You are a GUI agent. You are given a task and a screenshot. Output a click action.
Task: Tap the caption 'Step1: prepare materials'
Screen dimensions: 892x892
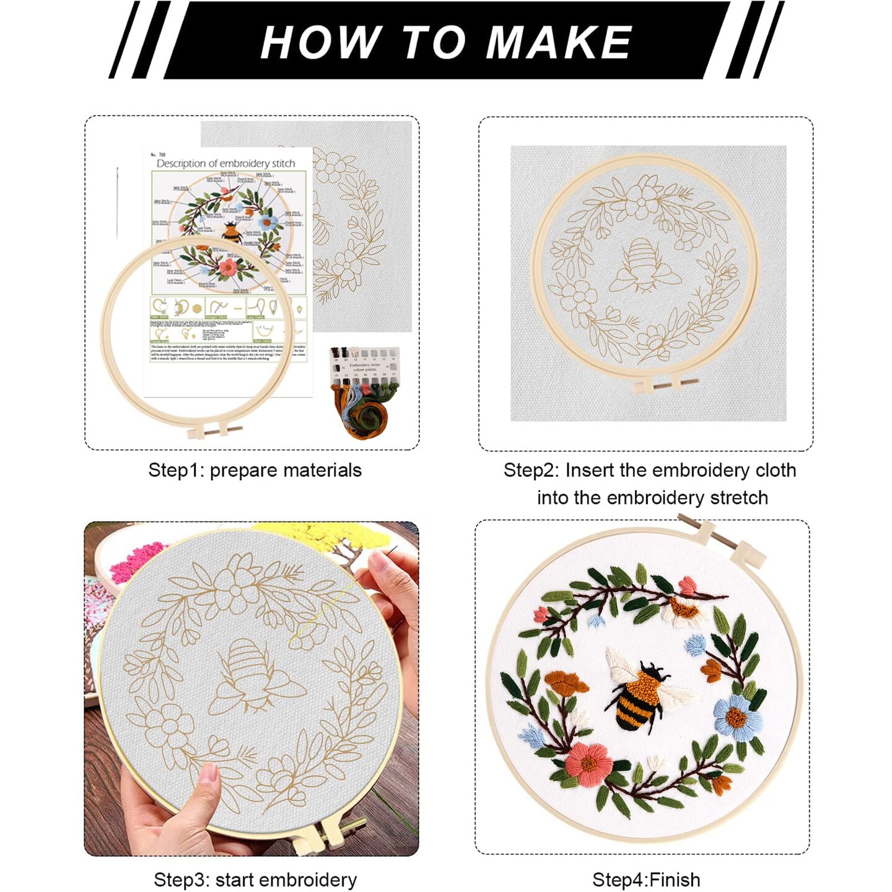[x=255, y=470]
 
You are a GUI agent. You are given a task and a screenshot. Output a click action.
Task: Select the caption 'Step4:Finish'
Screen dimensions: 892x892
[x=646, y=880]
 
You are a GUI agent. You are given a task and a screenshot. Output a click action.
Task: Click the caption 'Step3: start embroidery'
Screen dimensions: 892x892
[x=255, y=880]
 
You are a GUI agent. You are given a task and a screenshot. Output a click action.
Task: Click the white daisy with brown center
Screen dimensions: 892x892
[x=684, y=610]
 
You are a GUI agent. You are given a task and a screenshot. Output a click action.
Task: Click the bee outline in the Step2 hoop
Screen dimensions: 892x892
[x=644, y=266]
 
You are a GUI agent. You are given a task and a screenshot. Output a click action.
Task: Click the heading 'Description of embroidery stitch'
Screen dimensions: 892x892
[x=225, y=164]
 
